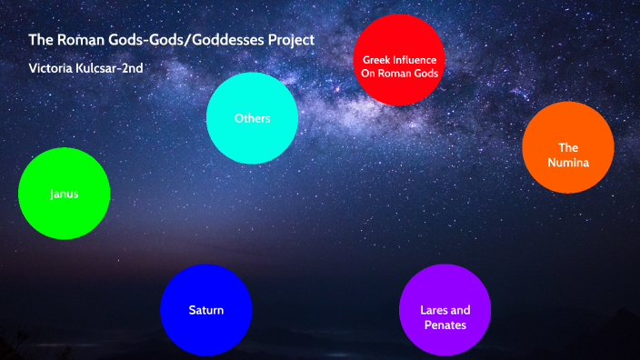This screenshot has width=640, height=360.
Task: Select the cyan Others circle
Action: click(252, 118)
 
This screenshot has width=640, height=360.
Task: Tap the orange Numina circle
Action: click(568, 147)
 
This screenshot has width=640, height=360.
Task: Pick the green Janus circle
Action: click(64, 194)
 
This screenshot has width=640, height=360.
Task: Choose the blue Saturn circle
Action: click(205, 309)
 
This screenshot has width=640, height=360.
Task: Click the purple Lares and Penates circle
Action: click(445, 309)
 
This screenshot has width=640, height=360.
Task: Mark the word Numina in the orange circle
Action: click(568, 164)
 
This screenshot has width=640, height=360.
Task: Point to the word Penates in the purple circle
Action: click(445, 325)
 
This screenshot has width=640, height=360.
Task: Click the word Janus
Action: click(64, 194)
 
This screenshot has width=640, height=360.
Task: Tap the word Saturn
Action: click(205, 310)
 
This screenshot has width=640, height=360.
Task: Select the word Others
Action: click(252, 118)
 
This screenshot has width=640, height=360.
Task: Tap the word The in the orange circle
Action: click(568, 147)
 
